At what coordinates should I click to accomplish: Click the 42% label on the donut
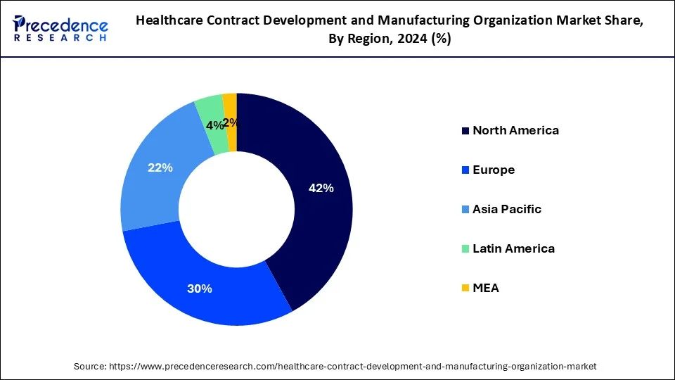point(321,188)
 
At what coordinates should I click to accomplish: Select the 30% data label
point(200,289)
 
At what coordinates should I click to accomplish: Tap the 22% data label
point(160,168)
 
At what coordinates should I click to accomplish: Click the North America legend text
point(515,130)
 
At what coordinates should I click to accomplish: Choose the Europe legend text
point(494,170)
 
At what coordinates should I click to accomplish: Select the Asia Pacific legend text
point(507,209)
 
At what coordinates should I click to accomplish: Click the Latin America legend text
point(513,248)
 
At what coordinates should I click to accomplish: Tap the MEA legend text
point(486,288)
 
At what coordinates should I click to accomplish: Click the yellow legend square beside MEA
point(465,289)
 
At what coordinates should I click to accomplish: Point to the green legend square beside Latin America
point(465,249)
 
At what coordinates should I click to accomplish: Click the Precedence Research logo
point(60,27)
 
